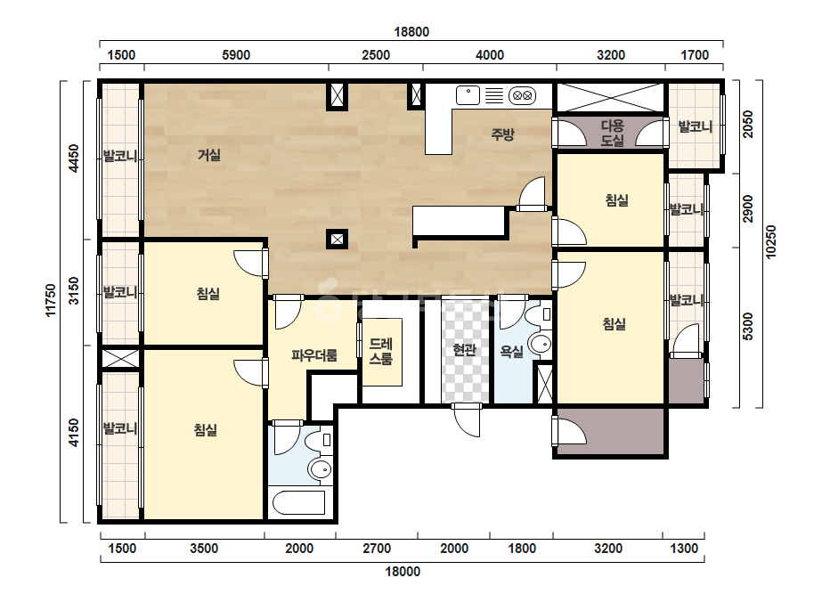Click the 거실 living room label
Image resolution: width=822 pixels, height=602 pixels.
(208, 155)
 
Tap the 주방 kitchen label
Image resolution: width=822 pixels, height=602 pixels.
(502, 134)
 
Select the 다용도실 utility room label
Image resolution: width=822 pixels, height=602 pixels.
(612, 134)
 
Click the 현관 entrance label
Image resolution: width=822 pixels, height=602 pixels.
(464, 350)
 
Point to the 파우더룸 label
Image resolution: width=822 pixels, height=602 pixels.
(314, 355)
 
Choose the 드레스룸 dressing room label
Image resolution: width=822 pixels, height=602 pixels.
(380, 352)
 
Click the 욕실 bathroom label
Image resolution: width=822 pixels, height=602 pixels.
(512, 352)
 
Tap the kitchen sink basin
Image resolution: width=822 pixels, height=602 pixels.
(468, 95)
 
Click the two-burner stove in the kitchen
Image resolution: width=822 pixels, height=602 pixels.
(522, 95)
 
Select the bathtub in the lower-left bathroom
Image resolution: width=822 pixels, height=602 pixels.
(299, 503)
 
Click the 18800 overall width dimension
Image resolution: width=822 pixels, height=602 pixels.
(411, 32)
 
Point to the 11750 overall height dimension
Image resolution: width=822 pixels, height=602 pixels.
(51, 300)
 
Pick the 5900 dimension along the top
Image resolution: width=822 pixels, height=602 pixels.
(236, 55)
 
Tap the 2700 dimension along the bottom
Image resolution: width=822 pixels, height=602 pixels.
(377, 549)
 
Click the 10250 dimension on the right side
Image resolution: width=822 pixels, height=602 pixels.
(770, 241)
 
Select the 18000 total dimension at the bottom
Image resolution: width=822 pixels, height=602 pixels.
(403, 572)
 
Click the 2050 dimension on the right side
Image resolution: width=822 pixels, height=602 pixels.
(748, 125)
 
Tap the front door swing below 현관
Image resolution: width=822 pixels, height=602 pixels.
(467, 419)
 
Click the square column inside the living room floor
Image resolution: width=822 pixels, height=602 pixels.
(337, 240)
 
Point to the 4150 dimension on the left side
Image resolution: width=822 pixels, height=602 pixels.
(73, 433)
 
